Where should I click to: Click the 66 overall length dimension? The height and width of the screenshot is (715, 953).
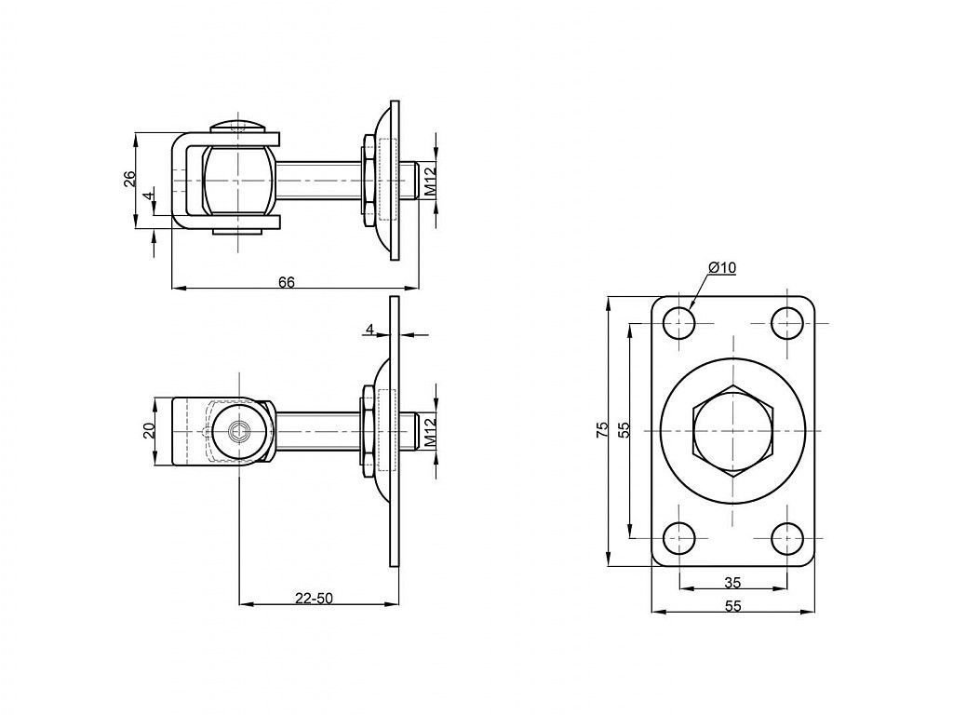pyautogui.click(x=287, y=282)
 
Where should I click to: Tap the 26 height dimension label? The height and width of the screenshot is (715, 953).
pyautogui.click(x=129, y=179)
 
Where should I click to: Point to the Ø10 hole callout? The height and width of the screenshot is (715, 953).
pyautogui.click(x=722, y=267)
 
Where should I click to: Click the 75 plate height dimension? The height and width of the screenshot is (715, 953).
pyautogui.click(x=601, y=430)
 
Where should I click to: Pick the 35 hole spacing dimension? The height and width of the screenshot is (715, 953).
pyautogui.click(x=733, y=583)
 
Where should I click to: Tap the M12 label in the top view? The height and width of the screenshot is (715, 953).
pyautogui.click(x=430, y=182)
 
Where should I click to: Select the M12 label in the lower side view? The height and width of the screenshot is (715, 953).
pyautogui.click(x=430, y=432)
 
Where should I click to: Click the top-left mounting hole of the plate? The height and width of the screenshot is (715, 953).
pyautogui.click(x=678, y=323)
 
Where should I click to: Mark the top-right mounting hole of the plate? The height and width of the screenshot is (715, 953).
pyautogui.click(x=787, y=323)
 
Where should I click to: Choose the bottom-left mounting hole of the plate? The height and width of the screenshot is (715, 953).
pyautogui.click(x=678, y=537)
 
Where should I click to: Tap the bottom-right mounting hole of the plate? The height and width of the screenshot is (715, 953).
pyautogui.click(x=787, y=537)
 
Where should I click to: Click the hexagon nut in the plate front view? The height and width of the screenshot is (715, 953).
pyautogui.click(x=733, y=430)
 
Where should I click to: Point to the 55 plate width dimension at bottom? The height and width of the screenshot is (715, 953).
pyautogui.click(x=733, y=605)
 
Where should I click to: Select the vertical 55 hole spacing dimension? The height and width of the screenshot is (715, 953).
pyautogui.click(x=624, y=430)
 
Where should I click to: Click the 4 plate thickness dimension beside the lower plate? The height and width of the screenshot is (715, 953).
pyautogui.click(x=369, y=329)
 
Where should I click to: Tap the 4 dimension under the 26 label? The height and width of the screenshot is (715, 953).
pyautogui.click(x=146, y=196)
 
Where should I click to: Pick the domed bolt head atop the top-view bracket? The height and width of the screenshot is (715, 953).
pyautogui.click(x=239, y=126)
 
